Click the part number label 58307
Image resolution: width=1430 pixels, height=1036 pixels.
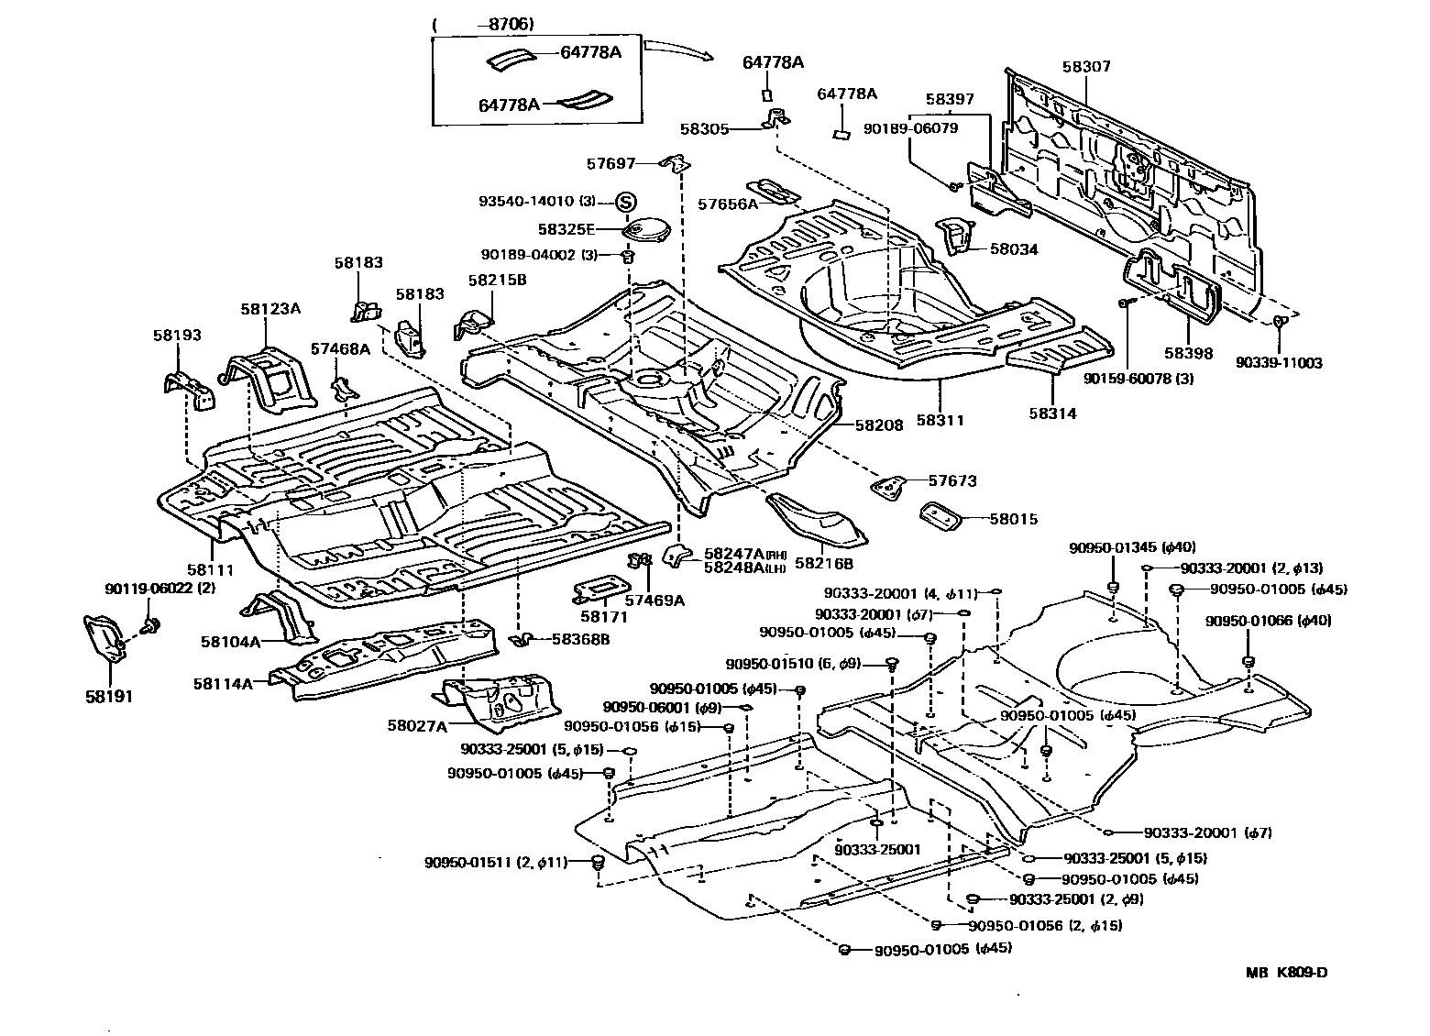click(1086, 67)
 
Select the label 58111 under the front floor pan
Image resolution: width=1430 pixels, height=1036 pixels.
click(211, 569)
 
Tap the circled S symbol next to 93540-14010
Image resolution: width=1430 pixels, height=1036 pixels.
click(625, 201)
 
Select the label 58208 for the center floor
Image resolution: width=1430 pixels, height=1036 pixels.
click(879, 425)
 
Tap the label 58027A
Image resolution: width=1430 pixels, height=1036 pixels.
click(417, 725)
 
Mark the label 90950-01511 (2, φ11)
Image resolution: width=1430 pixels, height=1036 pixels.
click(496, 862)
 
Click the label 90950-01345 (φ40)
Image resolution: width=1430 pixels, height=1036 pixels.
click(1131, 547)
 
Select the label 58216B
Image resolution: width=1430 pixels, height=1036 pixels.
click(823, 563)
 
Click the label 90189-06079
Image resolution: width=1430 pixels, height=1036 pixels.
click(910, 128)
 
